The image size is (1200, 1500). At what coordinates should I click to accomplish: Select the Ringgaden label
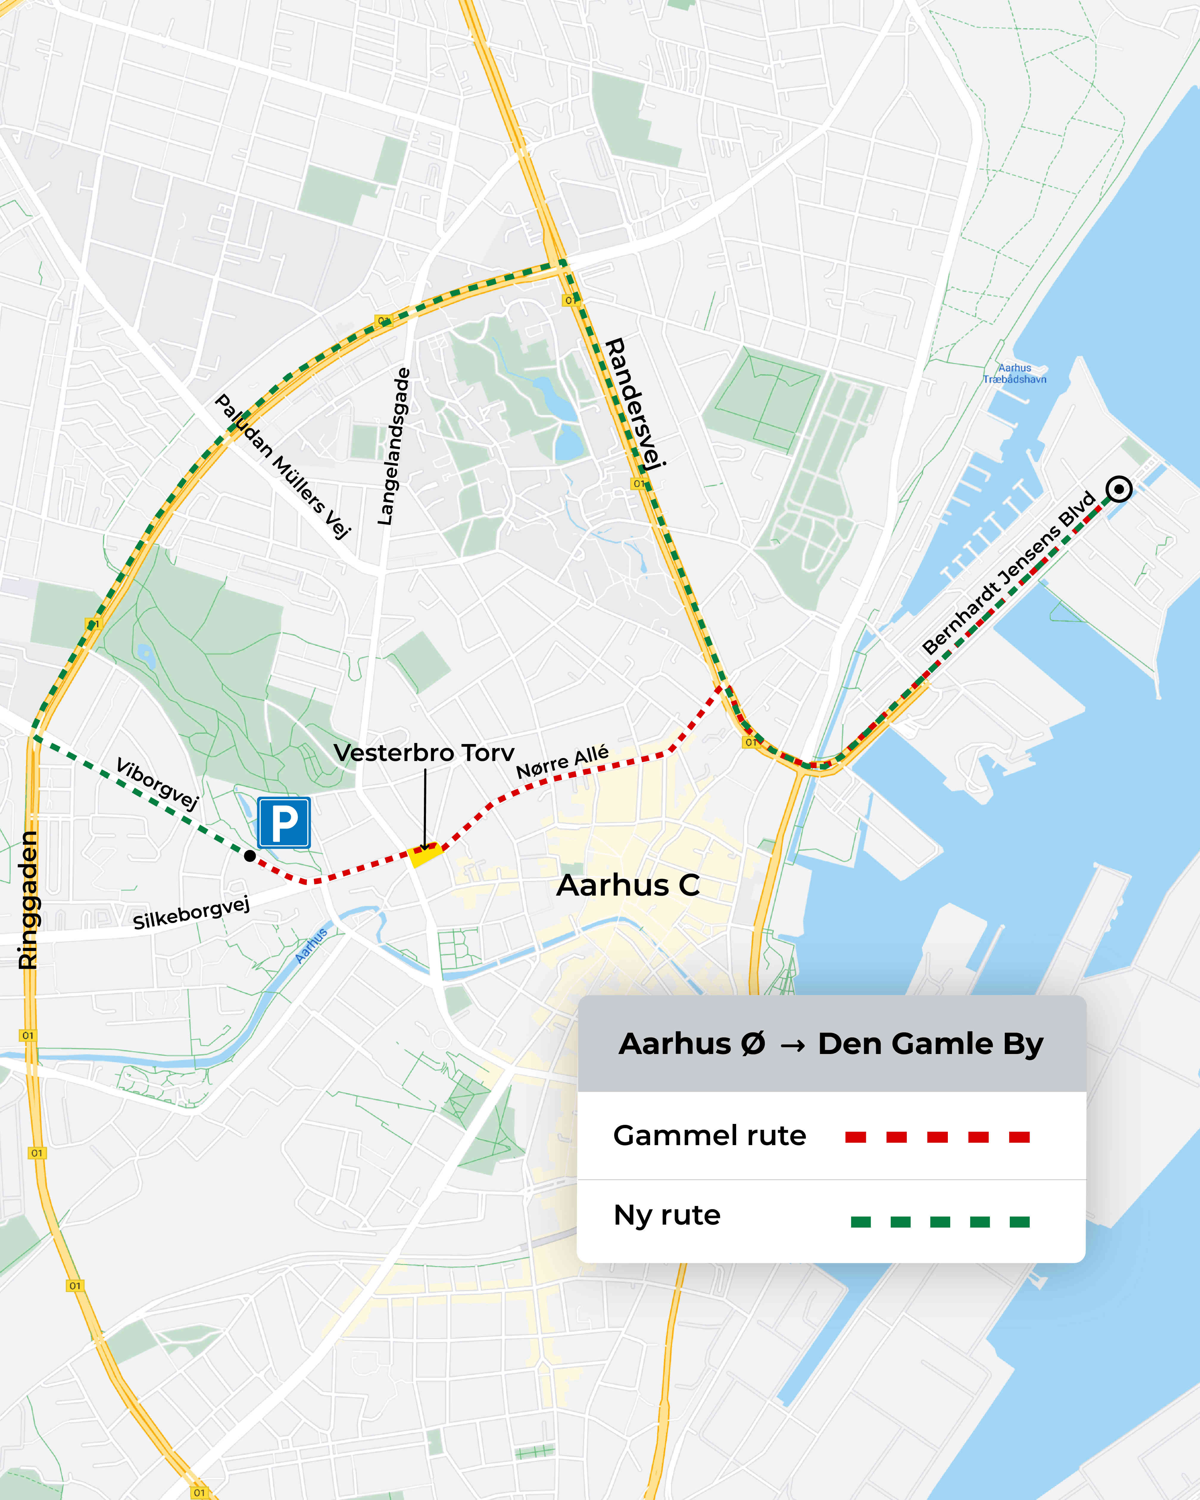tap(28, 899)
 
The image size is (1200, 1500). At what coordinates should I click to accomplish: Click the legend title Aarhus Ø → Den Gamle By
tap(831, 1044)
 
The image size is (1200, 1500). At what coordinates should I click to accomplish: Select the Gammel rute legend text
tap(710, 1136)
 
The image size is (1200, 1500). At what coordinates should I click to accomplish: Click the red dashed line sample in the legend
tap(937, 1137)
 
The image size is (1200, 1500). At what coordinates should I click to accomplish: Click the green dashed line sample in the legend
tap(940, 1222)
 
